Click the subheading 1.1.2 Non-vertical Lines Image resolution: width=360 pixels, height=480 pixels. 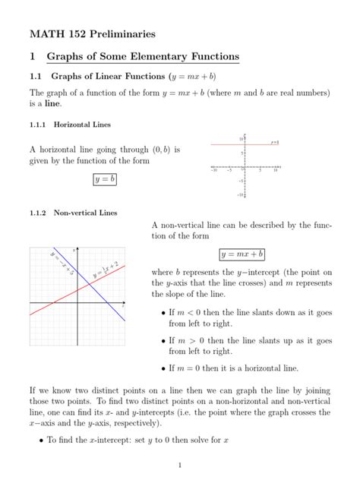coord(73,213)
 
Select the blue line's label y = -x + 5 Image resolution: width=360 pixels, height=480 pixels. coord(62,261)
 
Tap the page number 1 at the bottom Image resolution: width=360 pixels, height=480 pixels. coord(180,465)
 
